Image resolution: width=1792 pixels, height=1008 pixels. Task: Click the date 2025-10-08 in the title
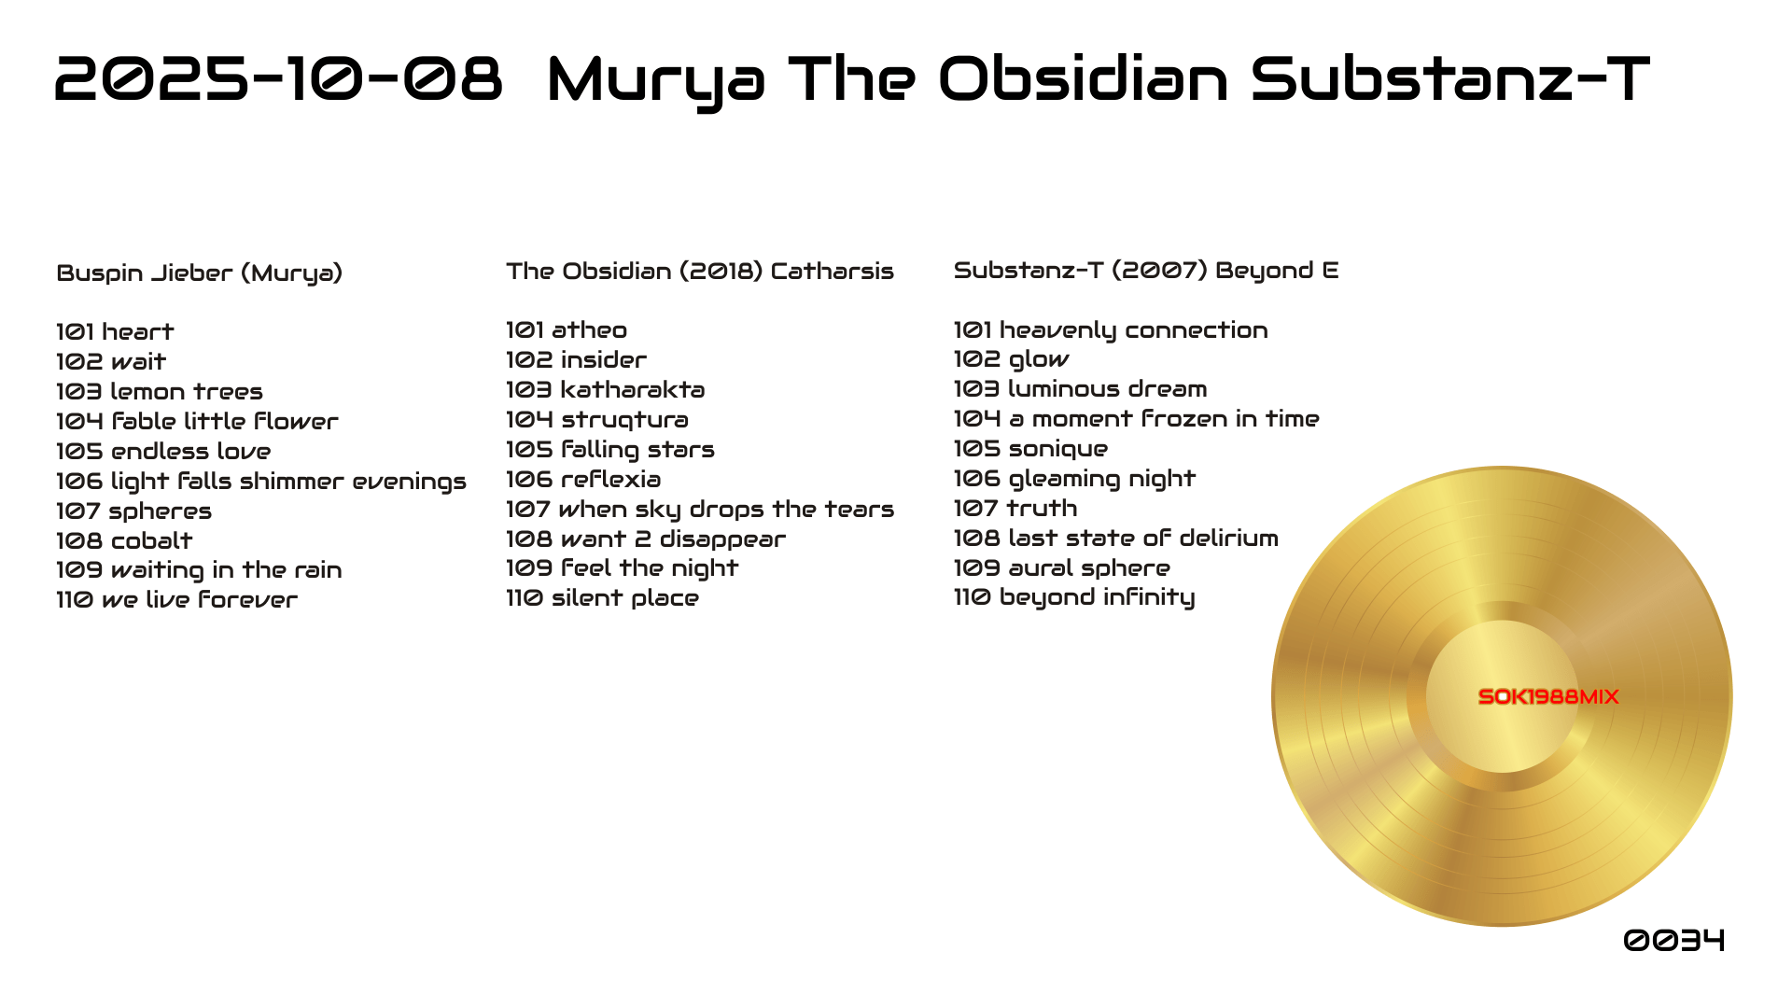279,78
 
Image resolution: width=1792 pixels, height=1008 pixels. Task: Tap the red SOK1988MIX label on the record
1548,697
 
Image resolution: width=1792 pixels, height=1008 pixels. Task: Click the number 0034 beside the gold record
1674,940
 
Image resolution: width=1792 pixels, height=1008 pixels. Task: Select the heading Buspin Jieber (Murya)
200,273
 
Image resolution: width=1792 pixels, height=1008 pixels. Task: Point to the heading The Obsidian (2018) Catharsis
700,272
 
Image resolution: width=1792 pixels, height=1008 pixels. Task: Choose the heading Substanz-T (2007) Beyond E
1146,271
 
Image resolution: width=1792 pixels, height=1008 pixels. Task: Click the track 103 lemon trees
160,392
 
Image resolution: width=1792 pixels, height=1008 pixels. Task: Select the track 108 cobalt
124,541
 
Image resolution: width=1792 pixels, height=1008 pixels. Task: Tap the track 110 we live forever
177,600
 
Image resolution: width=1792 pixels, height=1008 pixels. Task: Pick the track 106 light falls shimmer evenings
261,482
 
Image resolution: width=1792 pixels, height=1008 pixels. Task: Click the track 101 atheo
567,330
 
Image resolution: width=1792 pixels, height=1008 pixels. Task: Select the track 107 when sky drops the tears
700,510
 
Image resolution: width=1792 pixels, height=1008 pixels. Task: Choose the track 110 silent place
603,598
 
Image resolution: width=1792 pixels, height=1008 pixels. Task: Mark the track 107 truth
1015,509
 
